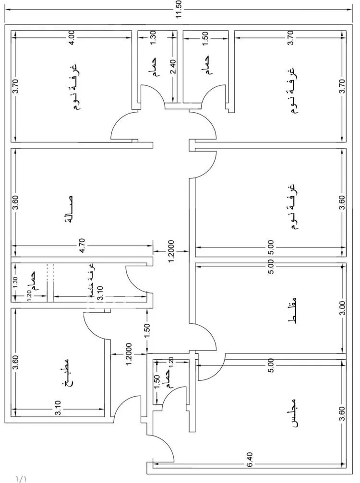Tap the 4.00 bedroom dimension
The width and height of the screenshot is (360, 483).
71,37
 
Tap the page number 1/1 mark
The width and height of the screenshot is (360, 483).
22,478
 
